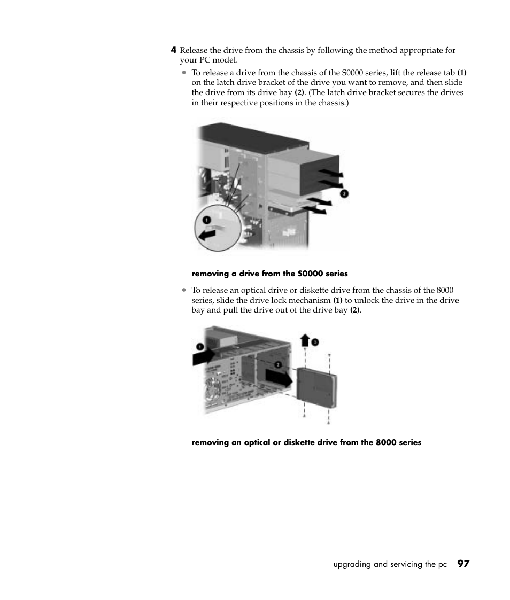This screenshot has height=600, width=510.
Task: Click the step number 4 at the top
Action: pyautogui.click(x=173, y=50)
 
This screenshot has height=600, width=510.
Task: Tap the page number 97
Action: pyautogui.click(x=463, y=564)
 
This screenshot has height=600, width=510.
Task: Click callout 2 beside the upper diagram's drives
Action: pyautogui.click(x=344, y=193)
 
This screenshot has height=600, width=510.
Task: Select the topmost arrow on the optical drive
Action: pyautogui.click(x=331, y=173)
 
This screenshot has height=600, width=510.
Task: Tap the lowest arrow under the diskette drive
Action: pyautogui.click(x=318, y=211)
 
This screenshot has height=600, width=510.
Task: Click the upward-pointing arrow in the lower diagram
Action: pyautogui.click(x=305, y=340)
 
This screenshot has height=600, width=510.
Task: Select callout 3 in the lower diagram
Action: pyautogui.click(x=315, y=342)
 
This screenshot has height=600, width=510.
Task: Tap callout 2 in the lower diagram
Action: pyautogui.click(x=278, y=364)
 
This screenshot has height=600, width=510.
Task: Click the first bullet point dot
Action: pyautogui.click(x=183, y=73)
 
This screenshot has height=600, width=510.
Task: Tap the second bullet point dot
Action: pyautogui.click(x=183, y=290)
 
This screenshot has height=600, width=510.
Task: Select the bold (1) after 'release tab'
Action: pyautogui.click(x=462, y=73)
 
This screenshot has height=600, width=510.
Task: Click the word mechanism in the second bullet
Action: pyautogui.click(x=312, y=300)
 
